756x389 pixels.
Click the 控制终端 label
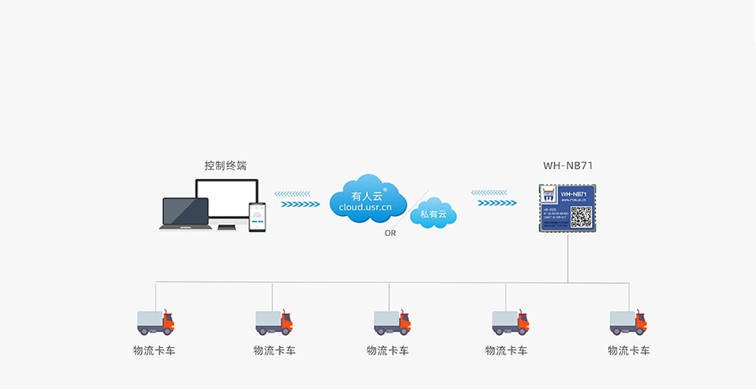click(225, 166)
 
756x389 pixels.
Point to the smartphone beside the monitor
click(257, 216)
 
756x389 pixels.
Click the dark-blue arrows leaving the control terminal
click(300, 203)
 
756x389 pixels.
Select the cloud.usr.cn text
click(366, 207)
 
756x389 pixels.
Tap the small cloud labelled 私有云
click(433, 213)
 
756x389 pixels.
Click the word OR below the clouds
click(390, 233)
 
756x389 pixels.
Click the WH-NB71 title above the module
click(568, 166)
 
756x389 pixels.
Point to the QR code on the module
click(581, 217)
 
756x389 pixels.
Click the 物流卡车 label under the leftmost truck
click(155, 350)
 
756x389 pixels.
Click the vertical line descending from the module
click(568, 256)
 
